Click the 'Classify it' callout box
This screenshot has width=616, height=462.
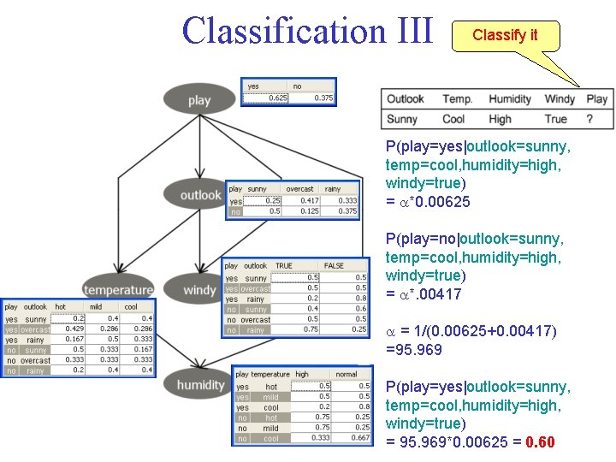pos(505,36)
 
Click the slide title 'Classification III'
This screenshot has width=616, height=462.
pos(307,31)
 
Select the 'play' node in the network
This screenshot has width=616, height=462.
pos(198,100)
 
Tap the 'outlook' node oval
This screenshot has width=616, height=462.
pos(200,194)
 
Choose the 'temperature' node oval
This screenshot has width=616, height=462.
pos(118,289)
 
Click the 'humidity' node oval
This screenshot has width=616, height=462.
pos(200,384)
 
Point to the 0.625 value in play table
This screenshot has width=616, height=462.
pos(277,98)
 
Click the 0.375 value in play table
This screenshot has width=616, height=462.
pos(323,98)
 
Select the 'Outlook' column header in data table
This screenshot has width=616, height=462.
pos(405,99)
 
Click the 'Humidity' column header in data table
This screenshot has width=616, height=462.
pos(510,99)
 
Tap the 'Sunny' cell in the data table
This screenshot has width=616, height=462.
pos(402,119)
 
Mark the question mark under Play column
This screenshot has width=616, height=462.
pos(589,119)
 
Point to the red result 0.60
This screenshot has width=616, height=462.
pos(540,442)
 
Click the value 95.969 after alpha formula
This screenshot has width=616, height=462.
pos(409,349)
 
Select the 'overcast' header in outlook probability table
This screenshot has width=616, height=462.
pos(299,188)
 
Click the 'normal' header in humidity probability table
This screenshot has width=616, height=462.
pos(346,374)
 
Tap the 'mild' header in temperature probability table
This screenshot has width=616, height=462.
pos(95,306)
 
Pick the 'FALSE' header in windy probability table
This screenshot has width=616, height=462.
pos(334,265)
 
